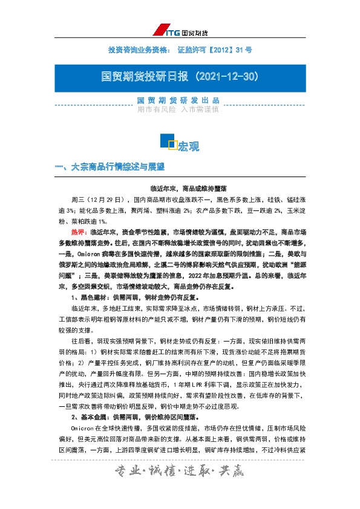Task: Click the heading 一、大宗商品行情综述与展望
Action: click(x=110, y=166)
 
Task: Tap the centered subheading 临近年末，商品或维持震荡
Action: click(x=180, y=189)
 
